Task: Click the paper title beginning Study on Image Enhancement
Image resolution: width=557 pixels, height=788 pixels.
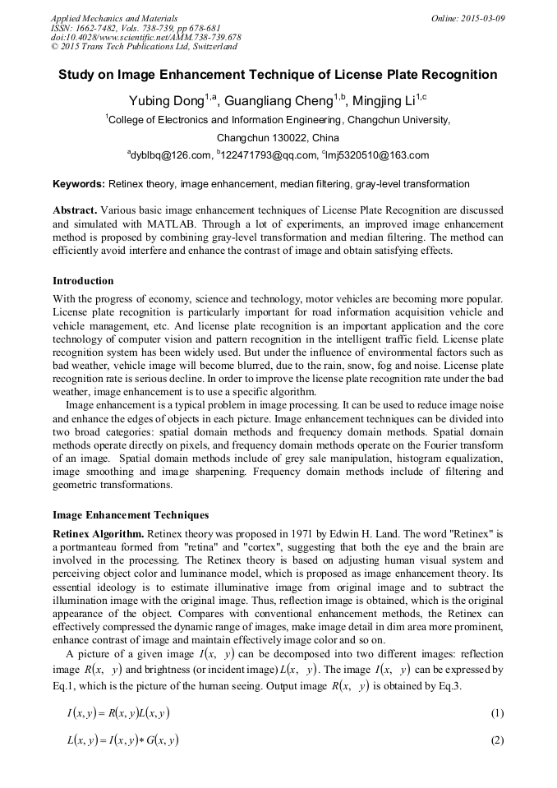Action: [278, 75]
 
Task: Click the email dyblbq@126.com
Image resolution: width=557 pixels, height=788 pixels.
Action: [170, 155]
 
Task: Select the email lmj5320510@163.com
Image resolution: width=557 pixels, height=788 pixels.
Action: [376, 155]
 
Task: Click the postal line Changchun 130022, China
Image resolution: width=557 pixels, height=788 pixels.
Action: [278, 137]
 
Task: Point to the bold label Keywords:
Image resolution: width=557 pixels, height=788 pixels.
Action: [79, 184]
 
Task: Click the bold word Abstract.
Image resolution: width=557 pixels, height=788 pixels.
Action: [76, 210]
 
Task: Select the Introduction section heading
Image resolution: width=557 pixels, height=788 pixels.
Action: [83, 281]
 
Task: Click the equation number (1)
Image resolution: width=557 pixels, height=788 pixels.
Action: [496, 713]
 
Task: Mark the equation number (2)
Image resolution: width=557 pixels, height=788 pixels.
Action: [496, 740]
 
